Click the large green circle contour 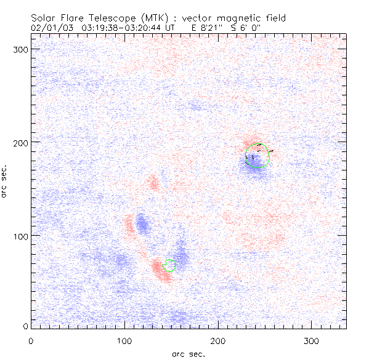257,156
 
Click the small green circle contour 169,265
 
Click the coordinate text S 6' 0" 246,27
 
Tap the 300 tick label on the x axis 312,340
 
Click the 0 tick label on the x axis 31,340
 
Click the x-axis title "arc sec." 188,353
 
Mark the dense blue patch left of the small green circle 143,224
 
